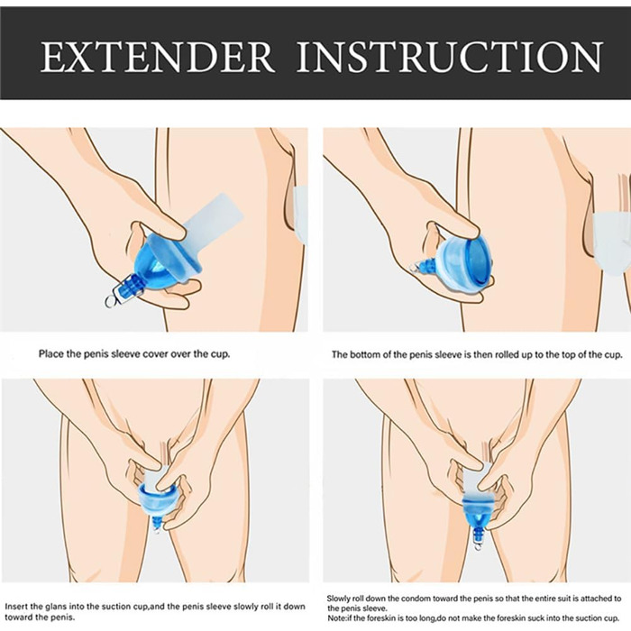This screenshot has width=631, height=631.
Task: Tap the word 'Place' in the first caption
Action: (x=50, y=354)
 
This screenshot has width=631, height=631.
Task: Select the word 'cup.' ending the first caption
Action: (x=220, y=354)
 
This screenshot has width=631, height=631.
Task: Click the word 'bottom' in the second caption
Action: (x=363, y=355)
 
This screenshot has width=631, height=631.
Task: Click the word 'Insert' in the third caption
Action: (x=16, y=607)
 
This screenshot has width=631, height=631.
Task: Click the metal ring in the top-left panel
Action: (x=111, y=300)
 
